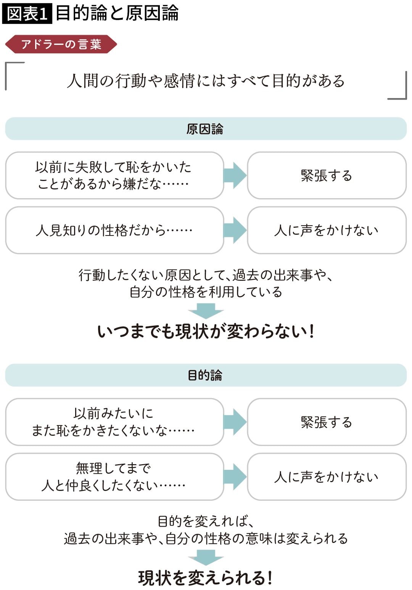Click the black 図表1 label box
pyautogui.click(x=27, y=14)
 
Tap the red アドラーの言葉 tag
pyautogui.click(x=61, y=44)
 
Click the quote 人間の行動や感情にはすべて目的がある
pyautogui.click(x=206, y=81)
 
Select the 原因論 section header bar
pyautogui.click(x=206, y=129)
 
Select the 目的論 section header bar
pyautogui.click(x=206, y=375)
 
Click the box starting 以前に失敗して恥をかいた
pyautogui.click(x=114, y=176)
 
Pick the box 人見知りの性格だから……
pyautogui.click(x=114, y=230)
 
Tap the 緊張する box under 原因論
pyautogui.click(x=327, y=176)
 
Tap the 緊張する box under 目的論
pyautogui.click(x=327, y=422)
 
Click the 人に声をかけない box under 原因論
pyautogui.click(x=327, y=230)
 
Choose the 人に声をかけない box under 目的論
pyautogui.click(x=327, y=477)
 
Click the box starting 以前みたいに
pyautogui.click(x=114, y=422)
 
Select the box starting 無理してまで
pyautogui.click(x=114, y=477)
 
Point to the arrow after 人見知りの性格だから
pyautogui.click(x=235, y=230)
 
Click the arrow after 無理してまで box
pyautogui.click(x=235, y=477)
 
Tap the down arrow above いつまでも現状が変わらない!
pyautogui.click(x=206, y=310)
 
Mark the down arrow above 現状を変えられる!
pyautogui.click(x=206, y=557)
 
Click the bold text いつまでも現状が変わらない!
pyautogui.click(x=206, y=331)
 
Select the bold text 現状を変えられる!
pyautogui.click(x=206, y=577)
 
